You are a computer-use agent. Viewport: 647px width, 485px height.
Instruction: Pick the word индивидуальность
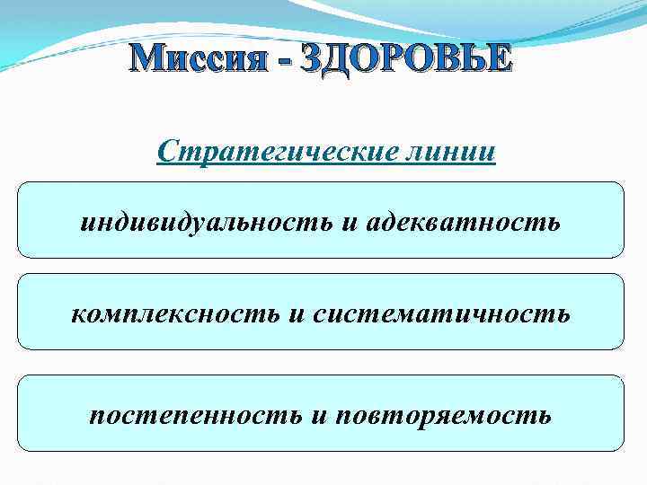pos(208,221)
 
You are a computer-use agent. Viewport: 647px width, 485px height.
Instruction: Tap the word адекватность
pos(462,221)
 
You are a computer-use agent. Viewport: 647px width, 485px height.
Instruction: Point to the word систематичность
pos(441,313)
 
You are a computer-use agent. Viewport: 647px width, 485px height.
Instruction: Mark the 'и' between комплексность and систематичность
pos(297,314)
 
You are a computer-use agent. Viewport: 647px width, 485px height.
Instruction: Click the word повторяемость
pos(442,415)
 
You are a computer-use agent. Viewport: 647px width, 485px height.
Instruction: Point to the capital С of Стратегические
pos(166,149)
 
